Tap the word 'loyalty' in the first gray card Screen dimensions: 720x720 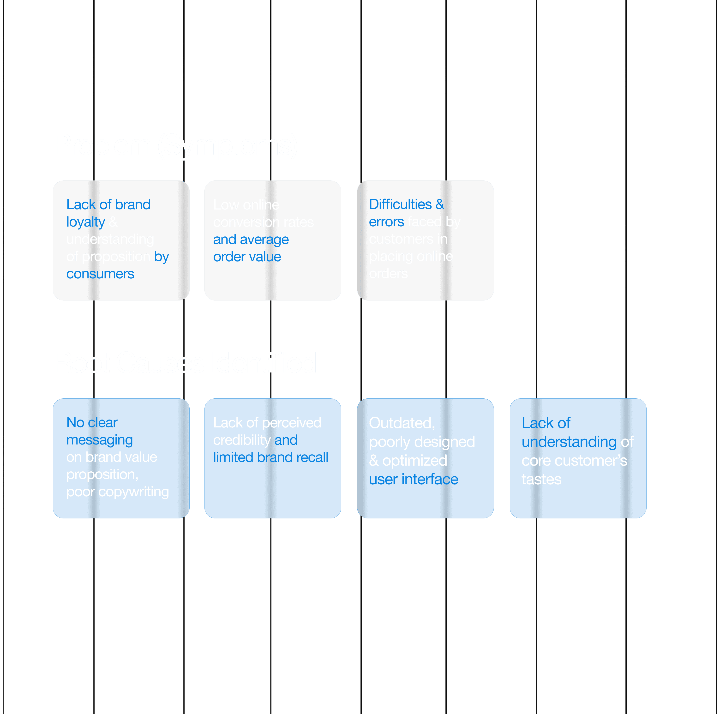coord(86,222)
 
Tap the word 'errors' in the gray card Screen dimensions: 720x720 coord(386,222)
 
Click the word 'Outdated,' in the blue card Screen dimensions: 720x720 coord(402,423)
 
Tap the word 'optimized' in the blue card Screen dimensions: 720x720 coord(414,461)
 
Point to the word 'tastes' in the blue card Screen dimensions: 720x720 coord(541,479)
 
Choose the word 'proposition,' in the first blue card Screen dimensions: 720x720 coord(102,475)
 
